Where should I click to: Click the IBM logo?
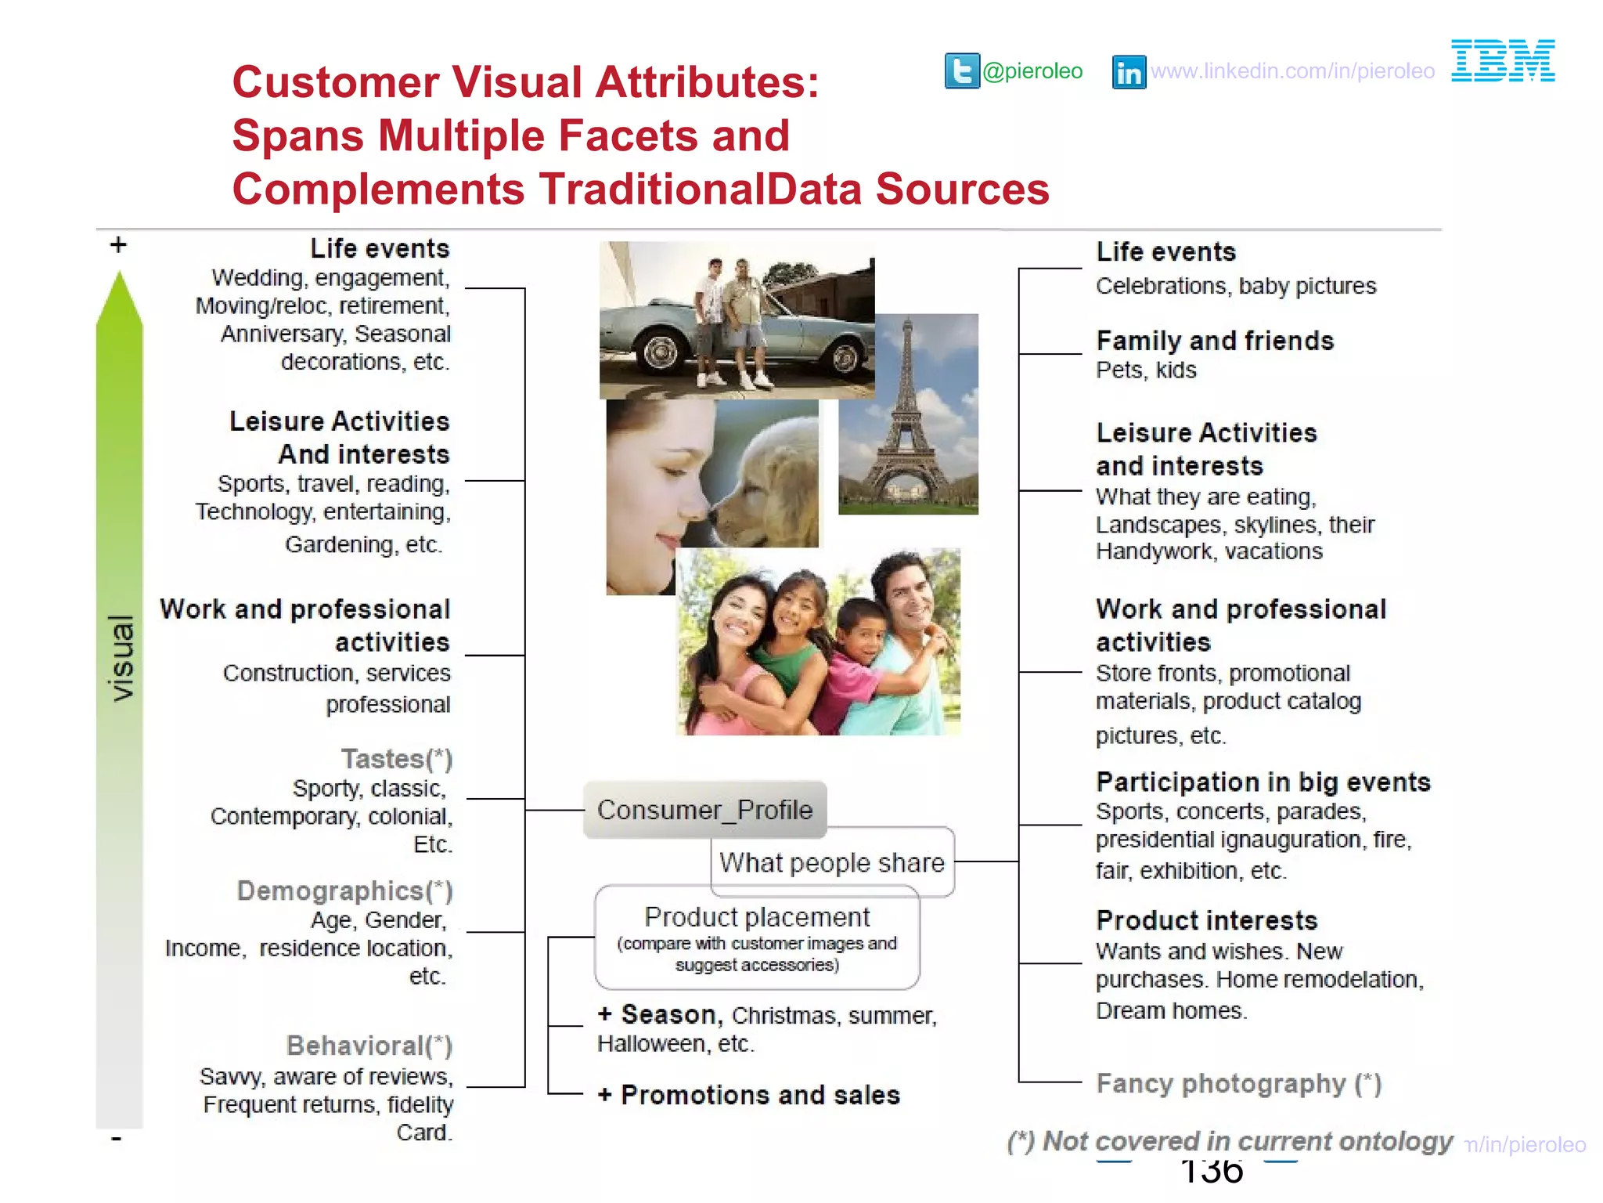(1503, 60)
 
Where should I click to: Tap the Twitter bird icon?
(962, 71)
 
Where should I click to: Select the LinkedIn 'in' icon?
(1129, 73)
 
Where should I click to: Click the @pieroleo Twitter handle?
(1032, 71)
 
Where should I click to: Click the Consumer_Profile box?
(704, 810)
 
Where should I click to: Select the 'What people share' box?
(832, 862)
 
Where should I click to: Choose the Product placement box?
(757, 937)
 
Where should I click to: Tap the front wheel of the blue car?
(659, 352)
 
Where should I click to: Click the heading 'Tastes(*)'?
(397, 759)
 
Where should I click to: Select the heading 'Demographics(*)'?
(344, 891)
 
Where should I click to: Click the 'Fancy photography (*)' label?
(1238, 1083)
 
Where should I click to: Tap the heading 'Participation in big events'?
(1263, 782)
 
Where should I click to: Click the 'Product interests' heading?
(1207, 920)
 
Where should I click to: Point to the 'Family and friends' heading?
(1215, 341)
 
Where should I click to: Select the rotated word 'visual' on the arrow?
(121, 658)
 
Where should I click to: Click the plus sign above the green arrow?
(118, 245)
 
